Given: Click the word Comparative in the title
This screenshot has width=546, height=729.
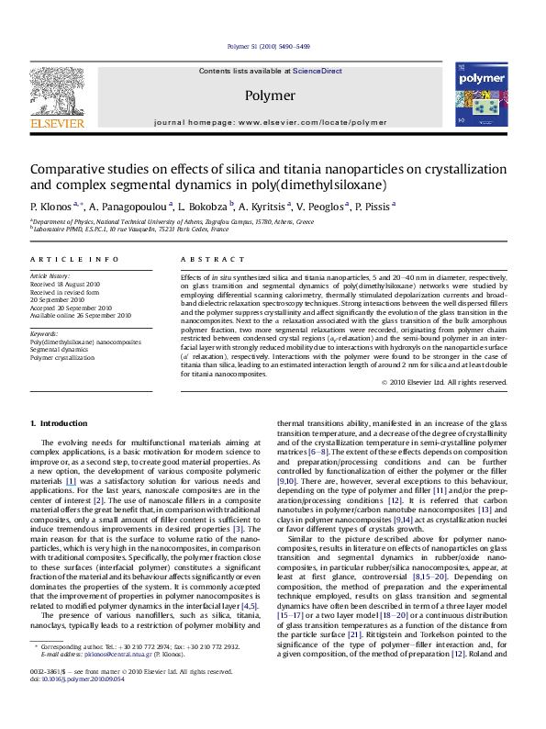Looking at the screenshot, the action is click(65, 169).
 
